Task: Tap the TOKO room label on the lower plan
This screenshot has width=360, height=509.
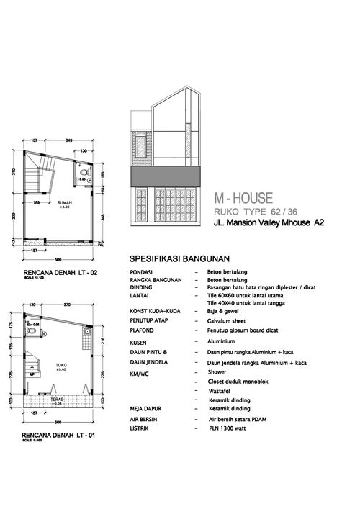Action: [x=62, y=365]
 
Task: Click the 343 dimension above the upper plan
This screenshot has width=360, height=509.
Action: [x=69, y=140]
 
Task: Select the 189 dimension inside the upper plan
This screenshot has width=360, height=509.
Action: [x=35, y=203]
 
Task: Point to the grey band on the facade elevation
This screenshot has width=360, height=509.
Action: [x=166, y=176]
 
